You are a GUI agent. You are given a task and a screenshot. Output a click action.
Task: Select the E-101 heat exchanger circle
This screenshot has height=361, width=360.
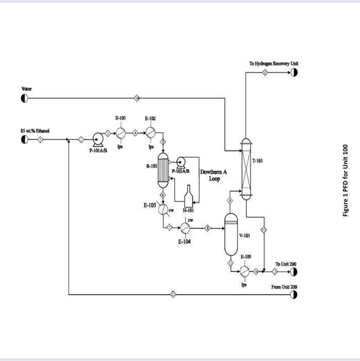pos(121,133)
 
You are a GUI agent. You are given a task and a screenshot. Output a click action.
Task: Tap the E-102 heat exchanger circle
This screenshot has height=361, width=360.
pos(150,133)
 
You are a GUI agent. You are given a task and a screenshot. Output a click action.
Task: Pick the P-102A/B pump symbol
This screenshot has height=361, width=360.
pos(180,160)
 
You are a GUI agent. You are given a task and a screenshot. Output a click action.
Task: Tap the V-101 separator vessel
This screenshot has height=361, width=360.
pos(231,235)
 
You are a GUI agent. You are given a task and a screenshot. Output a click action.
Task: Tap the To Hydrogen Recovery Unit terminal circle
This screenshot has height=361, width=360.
pos(294,73)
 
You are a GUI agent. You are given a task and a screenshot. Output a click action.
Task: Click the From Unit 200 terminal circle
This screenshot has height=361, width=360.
pos(294,294)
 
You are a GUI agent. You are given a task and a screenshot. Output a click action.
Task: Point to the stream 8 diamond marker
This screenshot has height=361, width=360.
pos(208,228)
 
